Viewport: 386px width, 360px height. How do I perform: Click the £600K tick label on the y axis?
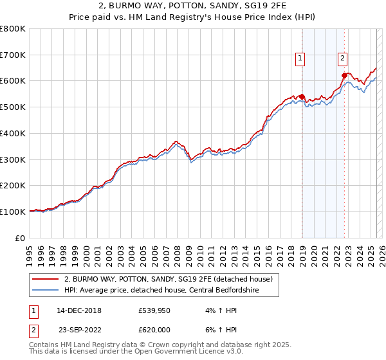[x=13, y=81]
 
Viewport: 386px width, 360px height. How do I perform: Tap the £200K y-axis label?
[x=13, y=185]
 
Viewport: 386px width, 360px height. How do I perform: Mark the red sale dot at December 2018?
[x=302, y=97]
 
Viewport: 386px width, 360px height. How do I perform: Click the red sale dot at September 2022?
[x=344, y=76]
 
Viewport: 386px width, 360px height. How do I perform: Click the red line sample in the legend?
[x=46, y=280]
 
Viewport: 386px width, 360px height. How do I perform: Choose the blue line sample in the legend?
[x=46, y=290]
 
